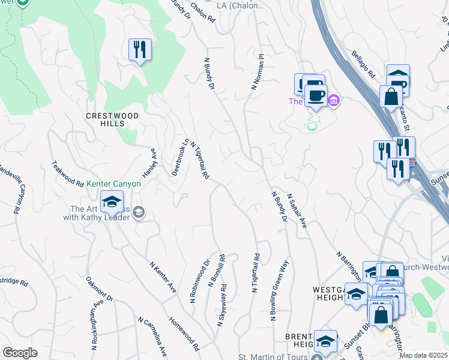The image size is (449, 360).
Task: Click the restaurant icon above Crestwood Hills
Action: (140, 50)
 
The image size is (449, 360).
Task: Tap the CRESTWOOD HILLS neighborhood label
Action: (112, 119)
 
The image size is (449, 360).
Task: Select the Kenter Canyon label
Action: (113, 184)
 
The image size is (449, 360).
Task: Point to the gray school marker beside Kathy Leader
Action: (139, 212)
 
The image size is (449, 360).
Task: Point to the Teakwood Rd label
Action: (67, 173)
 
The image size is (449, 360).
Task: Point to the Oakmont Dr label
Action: (99, 289)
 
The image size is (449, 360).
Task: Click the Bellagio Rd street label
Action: (363, 65)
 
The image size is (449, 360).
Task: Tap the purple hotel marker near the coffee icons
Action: (334, 100)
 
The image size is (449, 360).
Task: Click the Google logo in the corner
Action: (20, 353)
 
